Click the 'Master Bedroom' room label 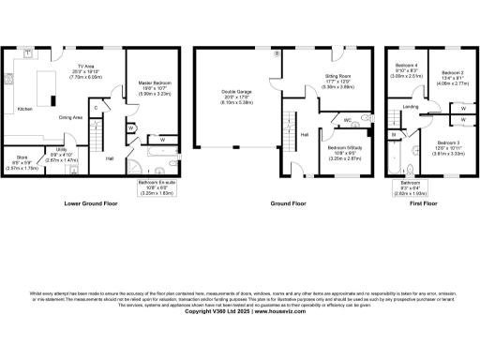pyautogui.click(x=147, y=84)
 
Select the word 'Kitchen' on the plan pyautogui.click(x=25, y=109)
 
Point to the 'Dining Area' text pyautogui.click(x=72, y=117)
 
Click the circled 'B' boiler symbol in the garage pyautogui.click(x=277, y=53)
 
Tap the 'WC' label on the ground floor pyautogui.click(x=346, y=120)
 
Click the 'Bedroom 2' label pyautogui.click(x=453, y=73)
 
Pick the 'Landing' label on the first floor pyautogui.click(x=411, y=107)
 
